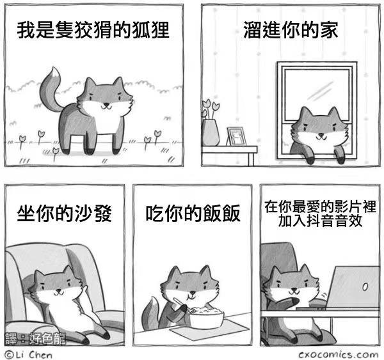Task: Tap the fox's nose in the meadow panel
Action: (x=106, y=104)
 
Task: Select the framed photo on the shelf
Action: (x=236, y=136)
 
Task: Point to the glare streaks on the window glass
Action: (x=321, y=91)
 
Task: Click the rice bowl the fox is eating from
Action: (x=206, y=318)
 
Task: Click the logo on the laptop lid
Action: (x=365, y=287)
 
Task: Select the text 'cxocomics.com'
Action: (x=339, y=354)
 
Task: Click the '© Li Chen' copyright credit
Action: (x=29, y=355)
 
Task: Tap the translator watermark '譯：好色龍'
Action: (x=35, y=338)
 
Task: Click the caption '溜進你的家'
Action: (x=291, y=30)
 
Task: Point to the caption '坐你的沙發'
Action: (x=65, y=214)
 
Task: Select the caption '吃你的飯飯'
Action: (x=193, y=214)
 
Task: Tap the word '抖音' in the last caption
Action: (x=311, y=221)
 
